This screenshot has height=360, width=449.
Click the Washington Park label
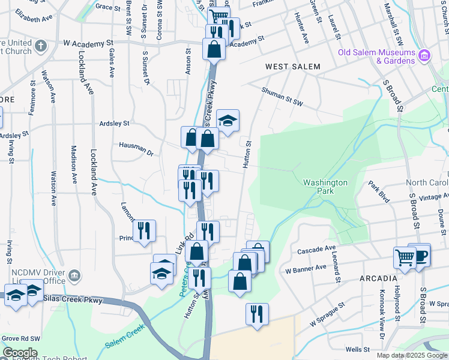(x=325, y=187)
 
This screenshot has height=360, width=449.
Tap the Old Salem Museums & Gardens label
(x=376, y=56)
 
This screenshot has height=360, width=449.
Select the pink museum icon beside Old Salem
(x=424, y=55)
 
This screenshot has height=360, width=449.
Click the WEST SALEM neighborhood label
(x=293, y=67)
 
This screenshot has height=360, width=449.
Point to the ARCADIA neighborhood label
(x=379, y=279)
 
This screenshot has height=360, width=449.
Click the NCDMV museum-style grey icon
(x=74, y=275)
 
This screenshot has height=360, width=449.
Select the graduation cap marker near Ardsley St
(x=228, y=121)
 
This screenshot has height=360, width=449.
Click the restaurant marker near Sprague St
(x=257, y=314)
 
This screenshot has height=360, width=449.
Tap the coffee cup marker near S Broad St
(x=419, y=254)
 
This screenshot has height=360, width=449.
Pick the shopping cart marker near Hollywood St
(x=405, y=258)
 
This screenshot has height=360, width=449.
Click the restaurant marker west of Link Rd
(x=144, y=231)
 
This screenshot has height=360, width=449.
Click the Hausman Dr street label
(x=136, y=148)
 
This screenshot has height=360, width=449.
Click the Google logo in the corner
(x=19, y=353)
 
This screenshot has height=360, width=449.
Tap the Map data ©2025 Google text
(x=411, y=355)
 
